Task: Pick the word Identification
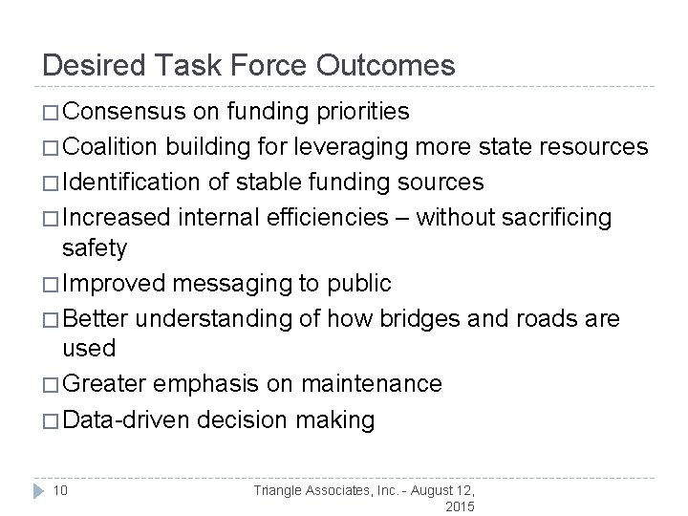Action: click(x=132, y=183)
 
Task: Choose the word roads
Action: click(x=546, y=318)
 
